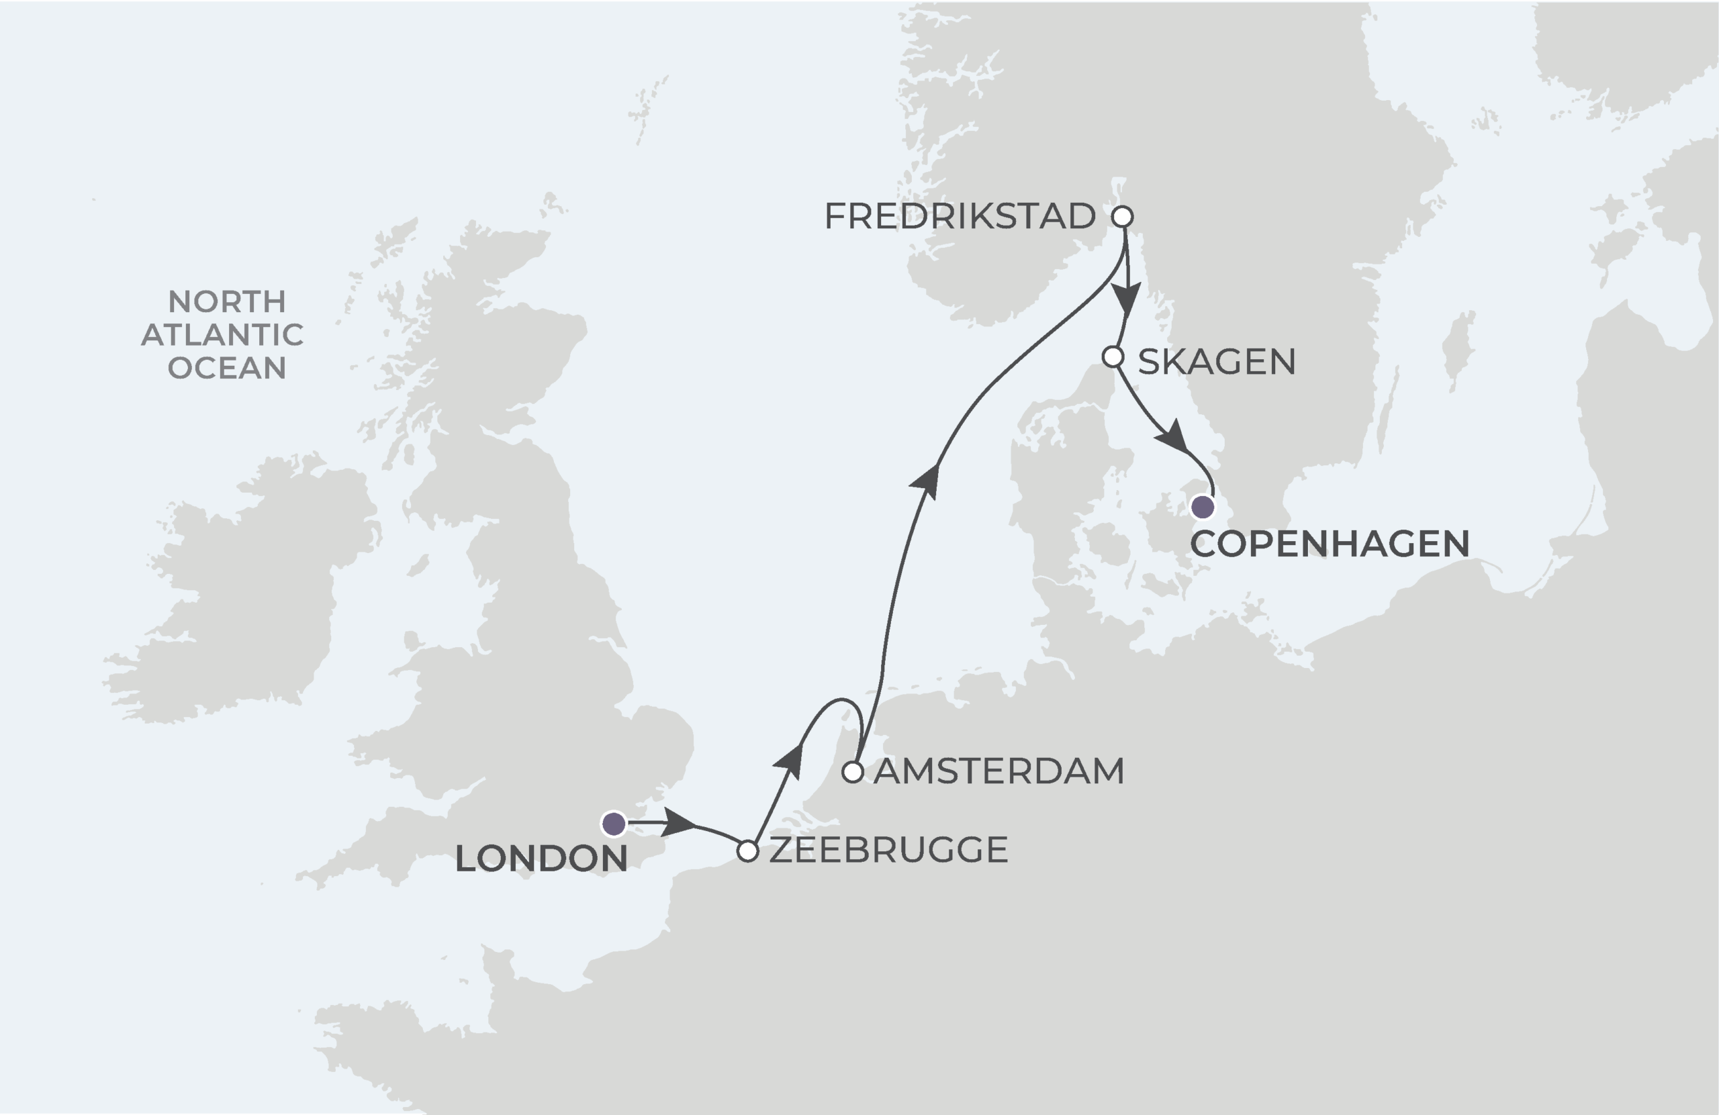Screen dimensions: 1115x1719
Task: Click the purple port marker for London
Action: coord(614,823)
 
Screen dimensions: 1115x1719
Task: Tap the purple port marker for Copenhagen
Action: coord(1203,507)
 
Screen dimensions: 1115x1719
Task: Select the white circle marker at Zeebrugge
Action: coord(747,851)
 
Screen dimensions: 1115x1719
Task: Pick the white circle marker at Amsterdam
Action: coord(853,772)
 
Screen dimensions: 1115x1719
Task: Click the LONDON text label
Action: coord(541,859)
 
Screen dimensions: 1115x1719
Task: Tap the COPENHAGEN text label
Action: coord(1330,544)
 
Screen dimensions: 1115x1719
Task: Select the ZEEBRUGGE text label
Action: coord(888,850)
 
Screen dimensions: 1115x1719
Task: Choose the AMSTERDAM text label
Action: coord(999,771)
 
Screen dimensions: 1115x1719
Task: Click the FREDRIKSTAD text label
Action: coord(960,216)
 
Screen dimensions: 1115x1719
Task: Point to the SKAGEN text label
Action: coord(1216,361)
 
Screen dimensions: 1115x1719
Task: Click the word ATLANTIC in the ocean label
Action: coord(222,334)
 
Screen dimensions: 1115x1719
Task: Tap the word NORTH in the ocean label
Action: coord(227,301)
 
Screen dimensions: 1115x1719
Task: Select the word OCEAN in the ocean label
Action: coord(227,368)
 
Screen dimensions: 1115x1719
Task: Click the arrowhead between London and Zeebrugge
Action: coord(678,822)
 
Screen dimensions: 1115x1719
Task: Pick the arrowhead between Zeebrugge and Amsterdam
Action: coord(790,762)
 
